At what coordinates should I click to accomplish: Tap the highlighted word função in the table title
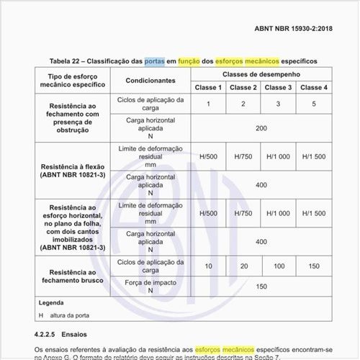[195, 61]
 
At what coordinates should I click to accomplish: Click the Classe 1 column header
[208, 87]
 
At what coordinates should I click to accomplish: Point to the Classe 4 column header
[314, 87]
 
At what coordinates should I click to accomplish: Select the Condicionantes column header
[151, 81]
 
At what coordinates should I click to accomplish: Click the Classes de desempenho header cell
[261, 74]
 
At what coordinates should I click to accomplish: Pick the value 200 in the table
[261, 127]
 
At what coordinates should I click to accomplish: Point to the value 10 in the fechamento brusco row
[208, 266]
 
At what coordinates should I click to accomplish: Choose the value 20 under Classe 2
[243, 266]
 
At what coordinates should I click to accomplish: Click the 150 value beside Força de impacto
[261, 286]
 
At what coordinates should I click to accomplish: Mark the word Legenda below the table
[51, 303]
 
